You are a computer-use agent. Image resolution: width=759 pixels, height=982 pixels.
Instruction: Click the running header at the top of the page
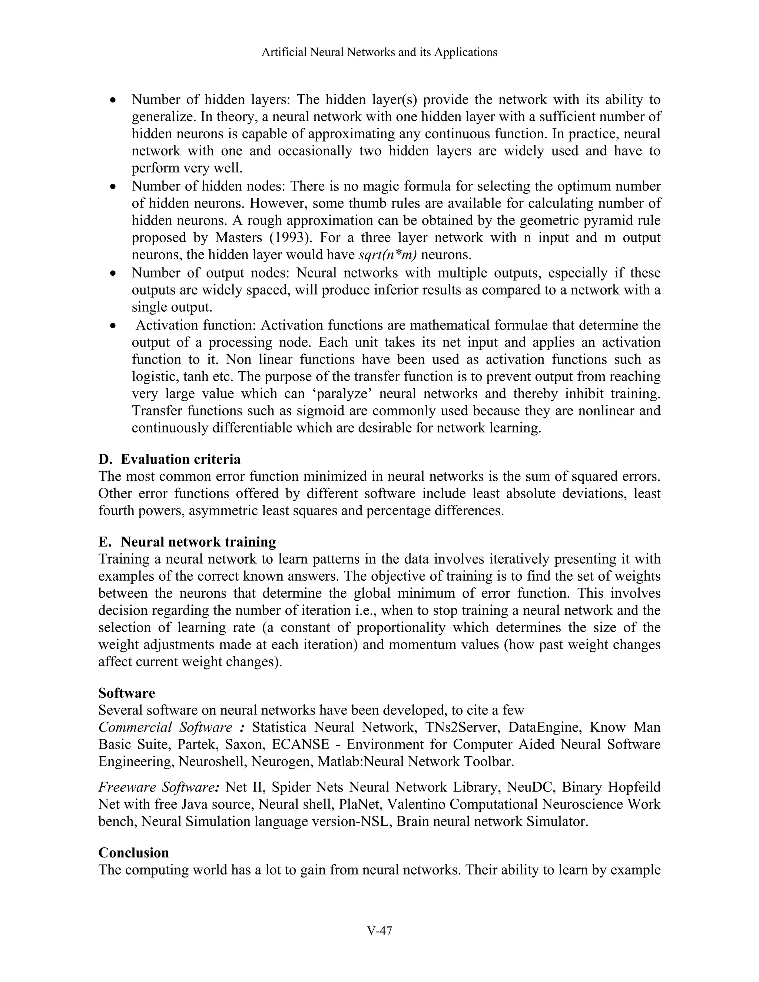[379, 53]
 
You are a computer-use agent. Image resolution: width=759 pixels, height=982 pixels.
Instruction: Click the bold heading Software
[127, 693]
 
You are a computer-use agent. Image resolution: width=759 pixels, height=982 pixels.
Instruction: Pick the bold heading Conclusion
[133, 853]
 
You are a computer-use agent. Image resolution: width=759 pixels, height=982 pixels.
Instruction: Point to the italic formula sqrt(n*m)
[388, 255]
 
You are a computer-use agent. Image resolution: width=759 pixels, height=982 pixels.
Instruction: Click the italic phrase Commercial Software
[165, 727]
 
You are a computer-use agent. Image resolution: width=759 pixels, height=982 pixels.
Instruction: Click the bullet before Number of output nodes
[114, 273]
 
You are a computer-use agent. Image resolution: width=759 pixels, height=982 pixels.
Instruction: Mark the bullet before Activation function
[114, 325]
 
